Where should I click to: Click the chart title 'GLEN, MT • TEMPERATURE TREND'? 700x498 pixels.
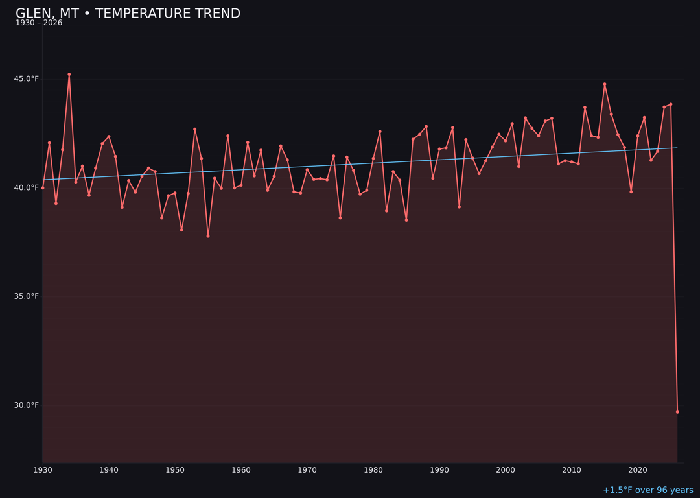[128, 14]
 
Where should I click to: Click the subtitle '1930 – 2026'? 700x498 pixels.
[39, 23]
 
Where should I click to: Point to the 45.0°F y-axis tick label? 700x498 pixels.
[27, 79]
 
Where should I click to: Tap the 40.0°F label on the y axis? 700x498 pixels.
[27, 188]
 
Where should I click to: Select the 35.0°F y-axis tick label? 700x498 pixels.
[27, 296]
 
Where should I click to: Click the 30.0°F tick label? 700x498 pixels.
[27, 405]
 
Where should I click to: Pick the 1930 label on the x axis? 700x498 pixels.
[43, 470]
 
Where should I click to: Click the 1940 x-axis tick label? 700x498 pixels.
[109, 470]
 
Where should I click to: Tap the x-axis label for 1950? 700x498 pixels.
[175, 470]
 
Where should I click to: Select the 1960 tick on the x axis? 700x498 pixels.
[241, 470]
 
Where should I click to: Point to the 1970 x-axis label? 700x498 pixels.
[307, 470]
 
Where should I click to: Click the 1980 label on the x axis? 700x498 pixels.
[373, 470]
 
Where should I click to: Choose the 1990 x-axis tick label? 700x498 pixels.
[439, 470]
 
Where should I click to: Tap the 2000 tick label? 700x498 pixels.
[506, 470]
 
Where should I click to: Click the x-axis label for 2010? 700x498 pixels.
[572, 470]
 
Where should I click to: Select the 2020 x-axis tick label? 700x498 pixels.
[638, 470]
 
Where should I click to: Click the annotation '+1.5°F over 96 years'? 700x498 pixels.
[647, 490]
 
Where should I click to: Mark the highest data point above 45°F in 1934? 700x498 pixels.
[69, 75]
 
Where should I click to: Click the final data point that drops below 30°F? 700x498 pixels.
[677, 412]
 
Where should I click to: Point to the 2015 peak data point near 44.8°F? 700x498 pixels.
[605, 84]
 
